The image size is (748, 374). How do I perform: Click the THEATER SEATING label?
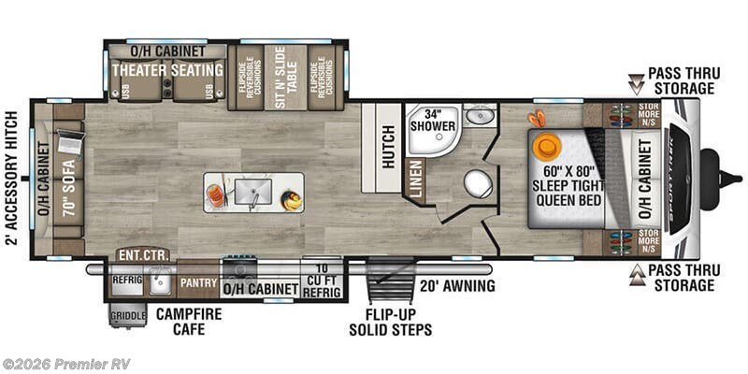[167, 70]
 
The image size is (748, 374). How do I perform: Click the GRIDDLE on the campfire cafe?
[128, 316]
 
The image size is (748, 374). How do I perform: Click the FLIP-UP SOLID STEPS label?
[390, 321]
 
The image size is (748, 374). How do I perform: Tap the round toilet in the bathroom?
[478, 181]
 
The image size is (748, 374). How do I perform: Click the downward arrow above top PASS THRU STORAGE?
[636, 80]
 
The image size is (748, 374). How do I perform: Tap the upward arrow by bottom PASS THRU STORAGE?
[636, 272]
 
